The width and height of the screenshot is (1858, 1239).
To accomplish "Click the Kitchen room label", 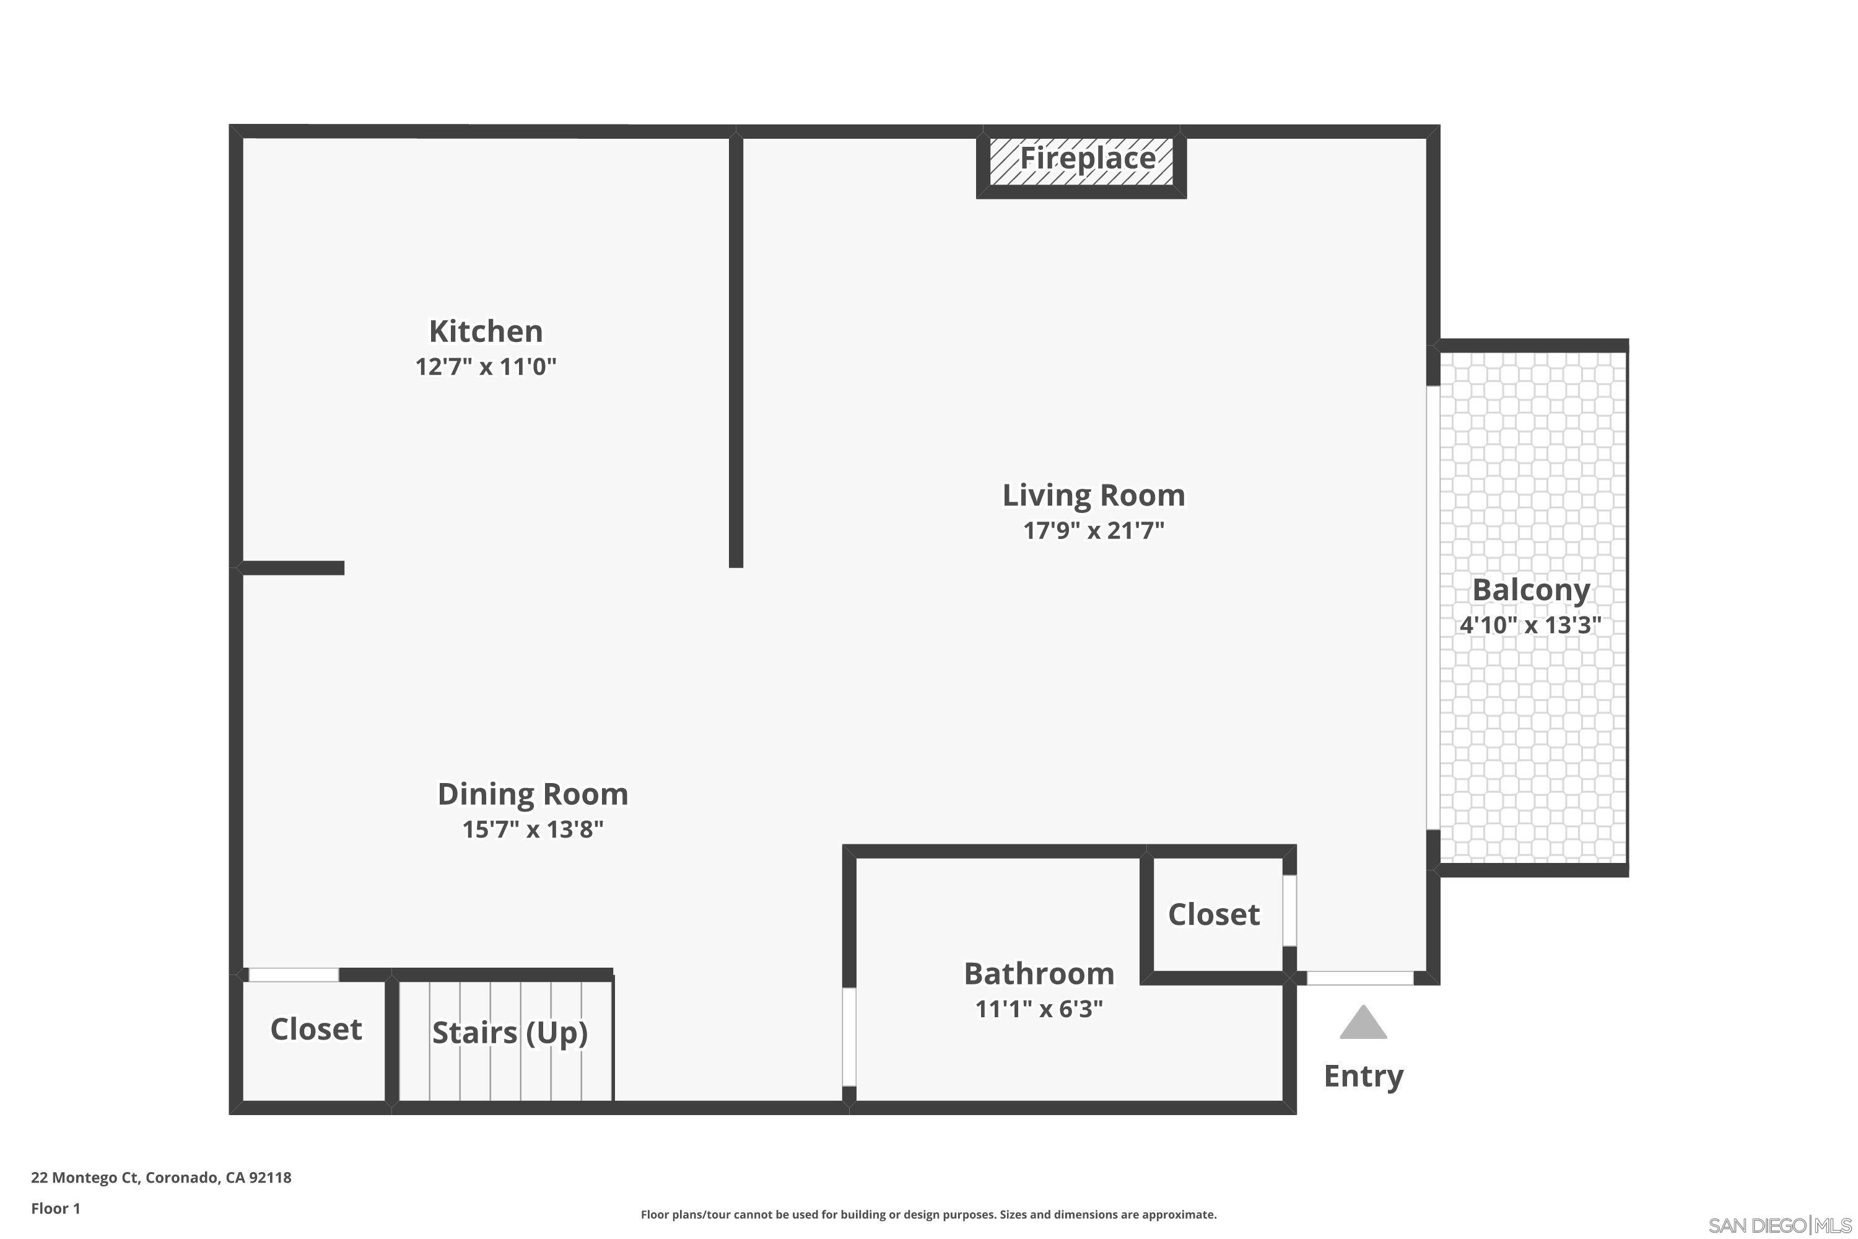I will [486, 331].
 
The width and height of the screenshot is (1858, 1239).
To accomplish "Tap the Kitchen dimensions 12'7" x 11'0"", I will [486, 367].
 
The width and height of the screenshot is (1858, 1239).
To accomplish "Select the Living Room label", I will [1093, 496].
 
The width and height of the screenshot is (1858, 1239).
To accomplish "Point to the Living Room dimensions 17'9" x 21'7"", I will [1093, 530].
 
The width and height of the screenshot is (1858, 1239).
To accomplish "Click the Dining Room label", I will [533, 794].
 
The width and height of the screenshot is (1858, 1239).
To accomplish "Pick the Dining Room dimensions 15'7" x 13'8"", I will [533, 830].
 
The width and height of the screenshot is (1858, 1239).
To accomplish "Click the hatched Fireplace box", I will [1081, 162].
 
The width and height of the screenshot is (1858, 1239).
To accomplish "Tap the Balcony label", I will [1530, 590].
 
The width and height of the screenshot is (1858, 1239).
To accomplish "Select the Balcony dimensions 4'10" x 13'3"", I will [1530, 625].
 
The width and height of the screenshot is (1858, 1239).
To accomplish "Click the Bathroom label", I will [1039, 973].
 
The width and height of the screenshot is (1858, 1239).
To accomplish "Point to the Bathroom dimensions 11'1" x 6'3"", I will [1039, 1009].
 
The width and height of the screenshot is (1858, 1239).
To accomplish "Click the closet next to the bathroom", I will [1213, 914].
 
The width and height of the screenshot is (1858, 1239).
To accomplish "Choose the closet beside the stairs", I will [315, 1029].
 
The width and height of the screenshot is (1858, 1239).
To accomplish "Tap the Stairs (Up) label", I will [510, 1033].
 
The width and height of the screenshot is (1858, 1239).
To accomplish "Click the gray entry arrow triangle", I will [1363, 1023].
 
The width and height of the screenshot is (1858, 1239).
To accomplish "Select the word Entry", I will [1363, 1076].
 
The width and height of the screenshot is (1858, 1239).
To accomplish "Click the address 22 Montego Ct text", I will [161, 1178].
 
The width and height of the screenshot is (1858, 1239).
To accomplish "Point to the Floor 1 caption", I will [55, 1208].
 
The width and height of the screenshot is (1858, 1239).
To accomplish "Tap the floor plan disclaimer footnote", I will [928, 1214].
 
